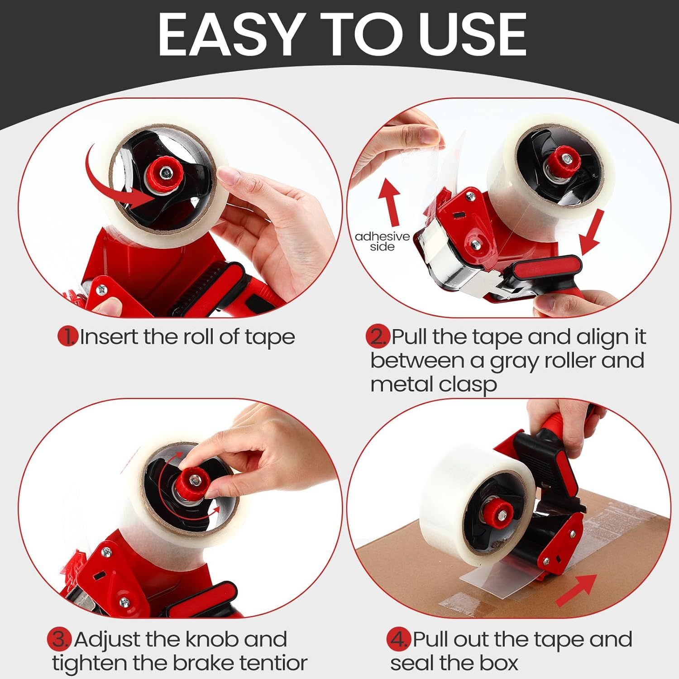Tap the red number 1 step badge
[68, 337]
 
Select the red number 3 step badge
[60, 640]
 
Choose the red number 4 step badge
[398, 640]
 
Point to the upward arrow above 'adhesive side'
[390, 201]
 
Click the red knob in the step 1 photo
[166, 172]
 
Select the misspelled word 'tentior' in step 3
[273, 663]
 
